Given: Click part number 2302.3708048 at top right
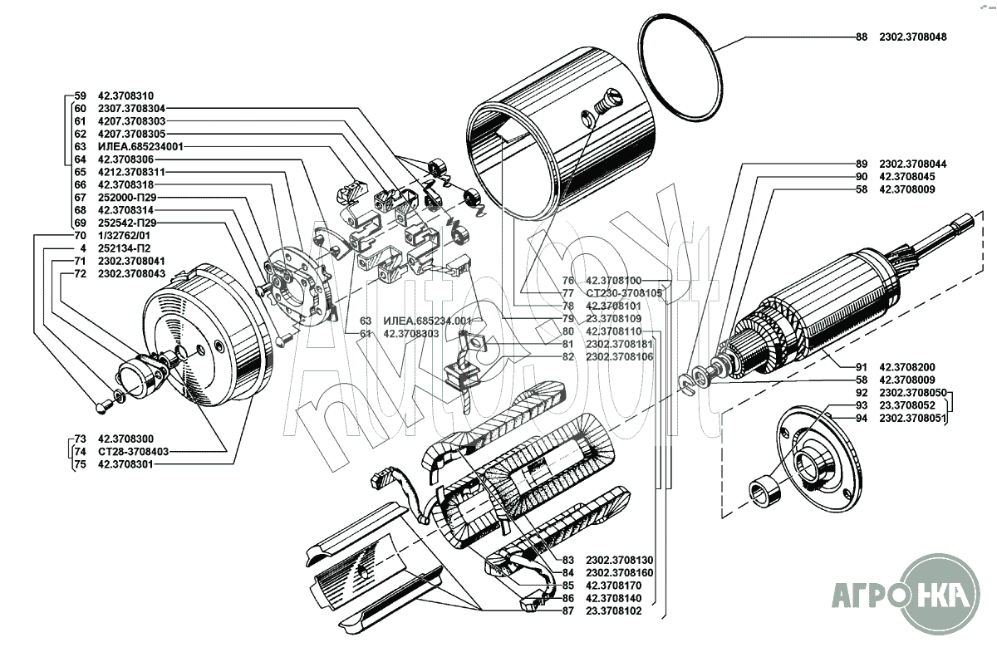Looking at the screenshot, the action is tap(913, 37).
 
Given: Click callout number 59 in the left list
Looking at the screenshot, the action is tap(80, 96).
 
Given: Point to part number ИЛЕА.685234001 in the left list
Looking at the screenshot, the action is tap(140, 147).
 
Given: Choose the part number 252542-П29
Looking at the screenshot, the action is tap(127, 223).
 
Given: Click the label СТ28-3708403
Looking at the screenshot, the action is tap(134, 452).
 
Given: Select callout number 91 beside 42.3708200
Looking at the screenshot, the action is tap(862, 367).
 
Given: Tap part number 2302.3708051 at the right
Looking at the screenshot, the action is tap(913, 419).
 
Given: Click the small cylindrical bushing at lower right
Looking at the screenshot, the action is tap(765, 490).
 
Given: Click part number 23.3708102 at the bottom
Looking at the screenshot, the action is tap(614, 611).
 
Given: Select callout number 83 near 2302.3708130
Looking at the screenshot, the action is tap(568, 560).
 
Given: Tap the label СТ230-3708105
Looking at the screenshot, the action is tap(624, 293).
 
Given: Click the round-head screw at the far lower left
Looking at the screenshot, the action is tap(103, 406).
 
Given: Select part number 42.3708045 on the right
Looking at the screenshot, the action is tap(907, 177).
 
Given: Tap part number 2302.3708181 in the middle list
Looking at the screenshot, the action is tap(620, 345).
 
